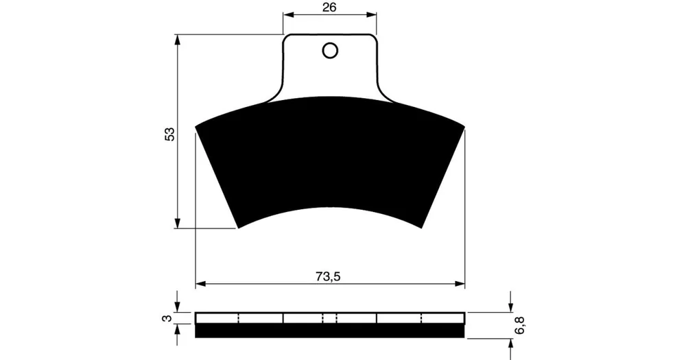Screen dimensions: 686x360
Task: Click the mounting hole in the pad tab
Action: (329, 51)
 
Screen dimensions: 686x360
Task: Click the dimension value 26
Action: (329, 8)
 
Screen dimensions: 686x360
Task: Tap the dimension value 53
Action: (169, 134)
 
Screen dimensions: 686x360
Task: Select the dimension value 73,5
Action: (328, 276)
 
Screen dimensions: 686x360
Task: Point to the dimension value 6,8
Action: (521, 326)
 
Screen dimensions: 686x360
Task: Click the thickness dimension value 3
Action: (167, 318)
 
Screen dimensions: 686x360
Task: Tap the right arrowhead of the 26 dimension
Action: (372, 15)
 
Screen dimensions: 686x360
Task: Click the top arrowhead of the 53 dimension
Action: (177, 39)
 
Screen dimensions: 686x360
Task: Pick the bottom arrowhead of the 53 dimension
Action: (177, 223)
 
